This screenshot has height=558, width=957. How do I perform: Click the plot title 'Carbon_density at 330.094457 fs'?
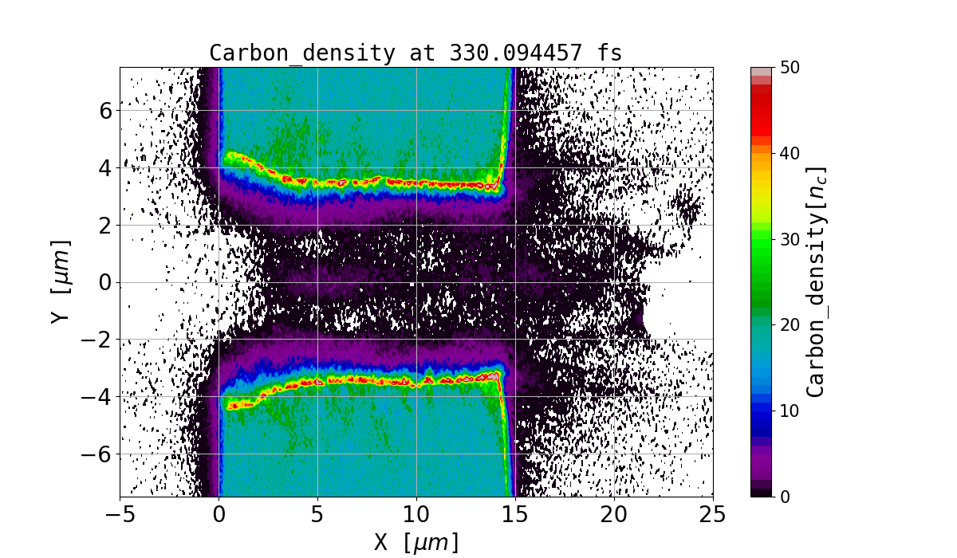point(415,53)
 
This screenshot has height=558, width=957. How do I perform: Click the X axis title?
point(416,542)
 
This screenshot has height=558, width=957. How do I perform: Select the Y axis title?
point(59,281)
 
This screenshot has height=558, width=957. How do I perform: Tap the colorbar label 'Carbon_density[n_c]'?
point(814,281)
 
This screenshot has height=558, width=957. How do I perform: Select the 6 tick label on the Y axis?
point(105,110)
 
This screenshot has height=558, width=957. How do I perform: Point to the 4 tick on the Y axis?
point(105,167)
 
